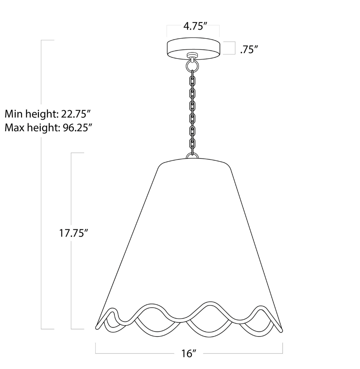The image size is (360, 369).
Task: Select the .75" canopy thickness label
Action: point(249,50)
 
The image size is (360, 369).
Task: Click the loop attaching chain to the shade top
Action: point(192,156)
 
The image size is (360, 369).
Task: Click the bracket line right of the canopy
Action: point(235,48)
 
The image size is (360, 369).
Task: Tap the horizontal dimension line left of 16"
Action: point(136,353)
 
